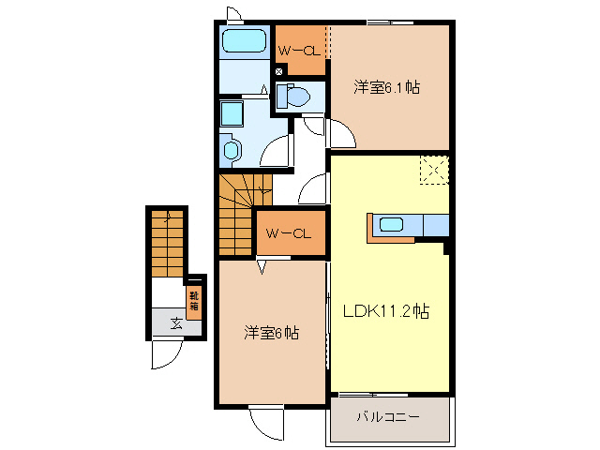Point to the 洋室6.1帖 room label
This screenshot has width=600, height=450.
click(x=386, y=88)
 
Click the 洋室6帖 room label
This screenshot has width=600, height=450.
click(x=272, y=332)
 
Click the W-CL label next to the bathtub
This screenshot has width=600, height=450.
click(x=299, y=48)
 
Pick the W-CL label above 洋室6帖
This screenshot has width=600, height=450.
click(x=288, y=233)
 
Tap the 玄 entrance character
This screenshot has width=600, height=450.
click(x=176, y=324)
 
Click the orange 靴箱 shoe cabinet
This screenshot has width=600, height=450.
click(x=194, y=301)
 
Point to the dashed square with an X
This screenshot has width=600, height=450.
click(x=433, y=170)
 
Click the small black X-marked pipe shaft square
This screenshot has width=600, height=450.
click(x=278, y=70)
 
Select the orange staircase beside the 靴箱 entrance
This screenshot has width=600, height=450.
click(x=166, y=245)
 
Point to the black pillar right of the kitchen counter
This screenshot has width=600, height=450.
click(x=447, y=247)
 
